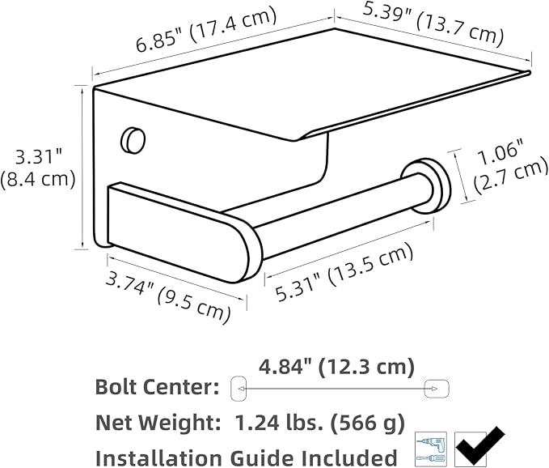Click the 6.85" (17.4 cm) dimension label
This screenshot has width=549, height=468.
tap(206, 30)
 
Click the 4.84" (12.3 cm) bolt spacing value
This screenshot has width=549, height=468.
tap(336, 367)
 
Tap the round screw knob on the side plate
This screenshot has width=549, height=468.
tap(133, 140)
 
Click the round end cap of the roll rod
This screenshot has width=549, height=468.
tap(427, 185)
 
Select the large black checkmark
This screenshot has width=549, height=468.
tap(479, 446)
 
